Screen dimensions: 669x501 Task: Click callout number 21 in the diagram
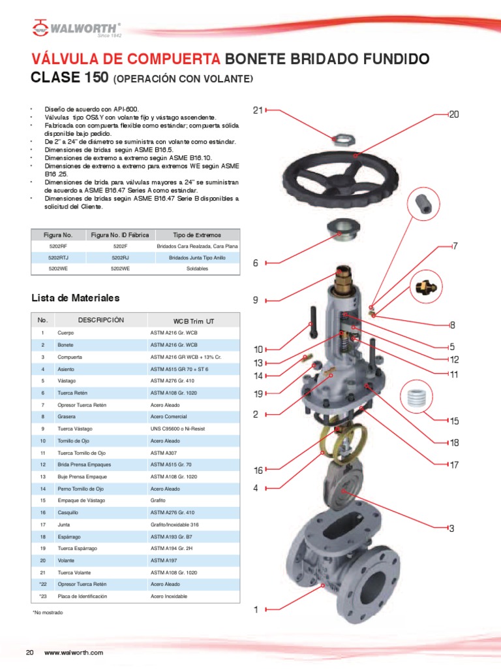coord(258,110)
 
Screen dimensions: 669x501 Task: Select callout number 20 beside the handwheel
coord(455,115)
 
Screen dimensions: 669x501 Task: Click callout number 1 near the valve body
coord(256,610)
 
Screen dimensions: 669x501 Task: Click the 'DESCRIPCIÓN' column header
coord(101,321)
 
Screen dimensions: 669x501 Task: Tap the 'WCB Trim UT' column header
coord(193,321)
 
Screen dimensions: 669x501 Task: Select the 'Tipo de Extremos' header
coord(197,235)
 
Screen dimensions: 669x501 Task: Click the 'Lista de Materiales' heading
coord(76,298)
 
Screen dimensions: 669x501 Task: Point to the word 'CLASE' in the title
coord(57,79)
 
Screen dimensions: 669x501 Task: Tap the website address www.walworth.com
coord(74,653)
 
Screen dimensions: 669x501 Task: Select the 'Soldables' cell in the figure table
coord(197,269)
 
